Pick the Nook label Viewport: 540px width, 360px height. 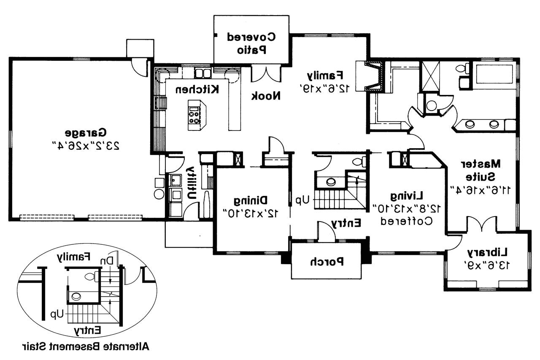pos(266,96)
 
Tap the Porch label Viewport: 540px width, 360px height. pos(327,262)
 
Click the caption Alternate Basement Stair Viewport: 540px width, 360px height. pos(85,347)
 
